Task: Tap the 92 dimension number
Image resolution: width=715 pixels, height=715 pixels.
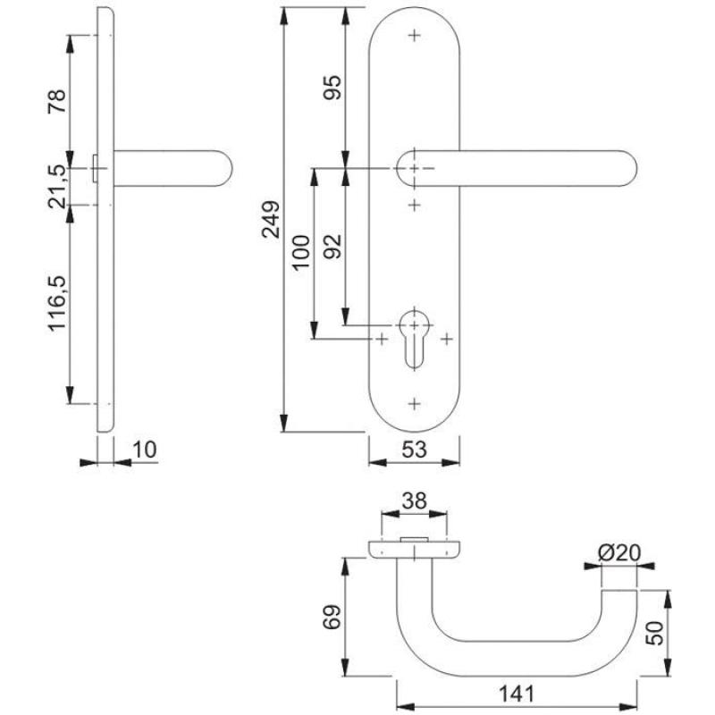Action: coord(332,246)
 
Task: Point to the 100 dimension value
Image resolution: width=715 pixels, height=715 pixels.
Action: coord(300,253)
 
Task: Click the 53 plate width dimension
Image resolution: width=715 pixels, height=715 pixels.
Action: coord(413,450)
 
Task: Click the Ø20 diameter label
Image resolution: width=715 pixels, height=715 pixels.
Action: coord(618,552)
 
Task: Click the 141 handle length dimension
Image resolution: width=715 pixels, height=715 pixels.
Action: coord(516,693)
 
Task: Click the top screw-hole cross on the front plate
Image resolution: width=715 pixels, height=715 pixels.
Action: coord(414,36)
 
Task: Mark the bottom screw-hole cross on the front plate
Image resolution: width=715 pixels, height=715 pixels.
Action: coord(414,403)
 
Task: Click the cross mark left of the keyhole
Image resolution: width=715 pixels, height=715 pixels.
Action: coord(382,340)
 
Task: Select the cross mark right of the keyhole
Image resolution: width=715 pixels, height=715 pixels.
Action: coord(446,340)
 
